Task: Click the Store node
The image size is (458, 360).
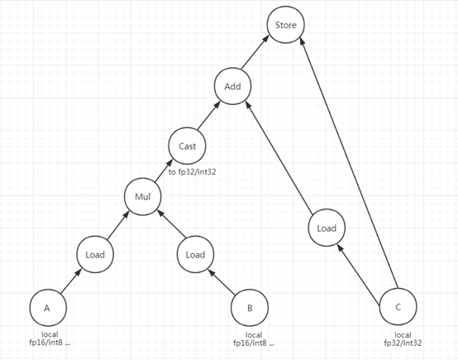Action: [x=286, y=25]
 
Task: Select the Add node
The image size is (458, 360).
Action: [x=232, y=86]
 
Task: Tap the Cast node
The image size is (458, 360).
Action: [x=187, y=146]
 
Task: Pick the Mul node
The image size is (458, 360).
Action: [x=142, y=196]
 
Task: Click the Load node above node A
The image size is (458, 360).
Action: [x=95, y=254]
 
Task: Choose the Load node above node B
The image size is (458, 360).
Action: [x=195, y=254]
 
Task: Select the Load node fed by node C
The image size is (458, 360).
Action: [x=327, y=228]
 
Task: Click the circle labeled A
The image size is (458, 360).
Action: [x=48, y=308]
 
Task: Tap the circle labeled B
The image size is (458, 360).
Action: [x=250, y=308]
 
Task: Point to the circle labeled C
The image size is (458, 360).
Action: [x=398, y=307]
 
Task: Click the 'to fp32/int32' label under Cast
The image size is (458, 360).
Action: [x=192, y=172]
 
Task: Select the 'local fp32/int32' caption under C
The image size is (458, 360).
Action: [x=403, y=339]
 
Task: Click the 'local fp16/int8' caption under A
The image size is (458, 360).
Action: [x=50, y=338]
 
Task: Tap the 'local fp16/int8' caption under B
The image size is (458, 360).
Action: [x=254, y=339]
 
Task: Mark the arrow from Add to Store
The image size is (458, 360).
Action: [x=255, y=52]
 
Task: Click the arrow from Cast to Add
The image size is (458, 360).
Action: [x=208, y=116]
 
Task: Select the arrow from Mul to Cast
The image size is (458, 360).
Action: [x=164, y=170]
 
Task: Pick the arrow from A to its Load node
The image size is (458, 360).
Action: [x=70, y=281]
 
